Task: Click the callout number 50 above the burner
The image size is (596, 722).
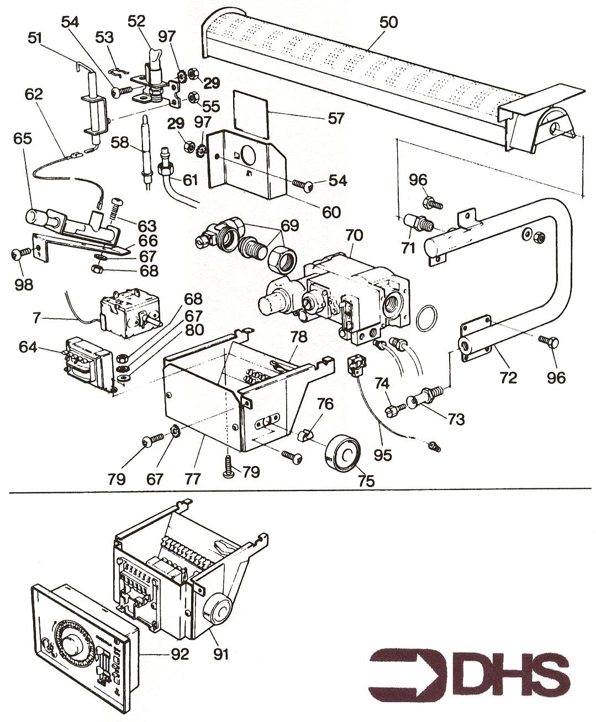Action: pyautogui.click(x=388, y=23)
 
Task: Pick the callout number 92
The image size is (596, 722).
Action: pyautogui.click(x=179, y=655)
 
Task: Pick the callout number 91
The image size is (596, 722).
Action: pyautogui.click(x=223, y=655)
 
